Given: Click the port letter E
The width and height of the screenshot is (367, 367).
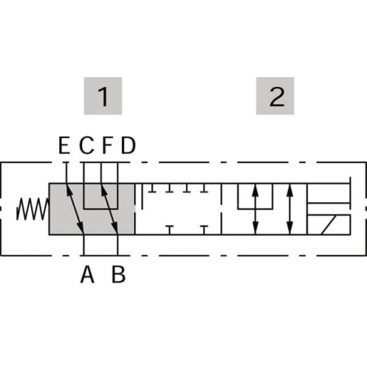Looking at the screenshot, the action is pyautogui.click(x=64, y=145).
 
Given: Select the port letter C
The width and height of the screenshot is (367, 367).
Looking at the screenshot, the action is pyautogui.click(x=87, y=145).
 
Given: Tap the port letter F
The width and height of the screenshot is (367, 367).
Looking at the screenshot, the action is pyautogui.click(x=107, y=145).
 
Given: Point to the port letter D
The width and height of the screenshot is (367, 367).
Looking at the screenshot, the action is pyautogui.click(x=128, y=145).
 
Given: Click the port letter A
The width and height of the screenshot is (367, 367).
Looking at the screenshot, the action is pyautogui.click(x=87, y=274).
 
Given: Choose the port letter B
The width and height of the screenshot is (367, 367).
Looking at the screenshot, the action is pyautogui.click(x=119, y=274).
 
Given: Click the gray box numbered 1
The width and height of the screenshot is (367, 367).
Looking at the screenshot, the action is pyautogui.click(x=103, y=96).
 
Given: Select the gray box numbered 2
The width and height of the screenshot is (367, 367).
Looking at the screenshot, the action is pyautogui.click(x=275, y=96).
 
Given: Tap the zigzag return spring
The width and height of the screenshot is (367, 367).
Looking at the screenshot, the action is pyautogui.click(x=32, y=209).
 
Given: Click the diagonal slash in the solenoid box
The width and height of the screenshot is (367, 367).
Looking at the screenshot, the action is pyautogui.click(x=329, y=225).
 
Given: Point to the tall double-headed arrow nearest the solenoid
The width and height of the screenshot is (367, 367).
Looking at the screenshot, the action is pyautogui.click(x=290, y=209).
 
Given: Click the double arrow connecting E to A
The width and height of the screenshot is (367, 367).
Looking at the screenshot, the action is pyautogui.click(x=76, y=209).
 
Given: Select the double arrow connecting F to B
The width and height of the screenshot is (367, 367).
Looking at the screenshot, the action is pyautogui.click(x=110, y=209).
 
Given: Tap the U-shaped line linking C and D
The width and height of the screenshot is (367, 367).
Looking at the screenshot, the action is pyautogui.click(x=101, y=209).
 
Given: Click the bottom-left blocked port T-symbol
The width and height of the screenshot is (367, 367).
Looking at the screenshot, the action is pyautogui.click(x=170, y=230).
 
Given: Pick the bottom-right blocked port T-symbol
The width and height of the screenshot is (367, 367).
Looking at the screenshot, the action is pyautogui.click(x=205, y=230).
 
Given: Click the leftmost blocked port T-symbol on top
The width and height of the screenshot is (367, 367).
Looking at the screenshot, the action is pyautogui.click(x=153, y=188).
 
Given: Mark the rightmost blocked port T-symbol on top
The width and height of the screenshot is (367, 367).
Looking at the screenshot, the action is pyautogui.click(x=205, y=188).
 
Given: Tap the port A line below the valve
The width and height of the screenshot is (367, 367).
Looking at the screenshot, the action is pyautogui.click(x=84, y=245).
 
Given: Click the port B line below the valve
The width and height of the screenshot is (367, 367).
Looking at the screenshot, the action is pyautogui.click(x=118, y=245).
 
